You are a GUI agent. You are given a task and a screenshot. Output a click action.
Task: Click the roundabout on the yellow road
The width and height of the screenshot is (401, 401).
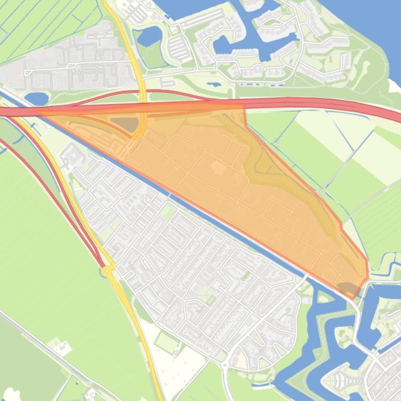[107, 271]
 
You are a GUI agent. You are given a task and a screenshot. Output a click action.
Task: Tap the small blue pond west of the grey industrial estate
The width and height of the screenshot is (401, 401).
[36, 98]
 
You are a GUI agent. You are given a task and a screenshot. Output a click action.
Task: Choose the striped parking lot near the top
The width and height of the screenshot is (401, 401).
[177, 48]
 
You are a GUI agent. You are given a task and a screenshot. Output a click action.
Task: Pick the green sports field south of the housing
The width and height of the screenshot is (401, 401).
[166, 342]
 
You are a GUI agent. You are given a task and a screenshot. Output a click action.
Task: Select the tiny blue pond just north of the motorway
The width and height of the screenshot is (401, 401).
[214, 83]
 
